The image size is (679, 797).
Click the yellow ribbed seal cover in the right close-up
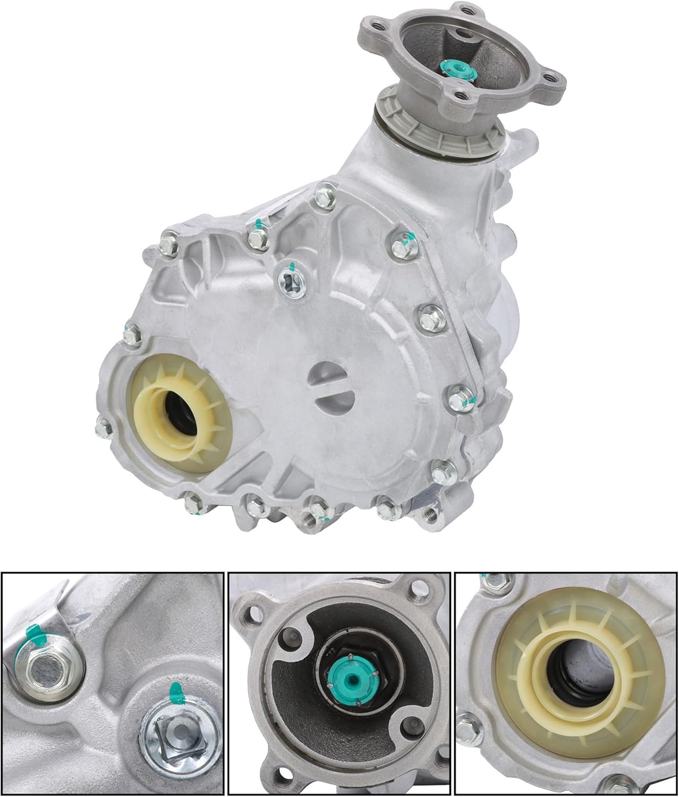click(558, 669)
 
